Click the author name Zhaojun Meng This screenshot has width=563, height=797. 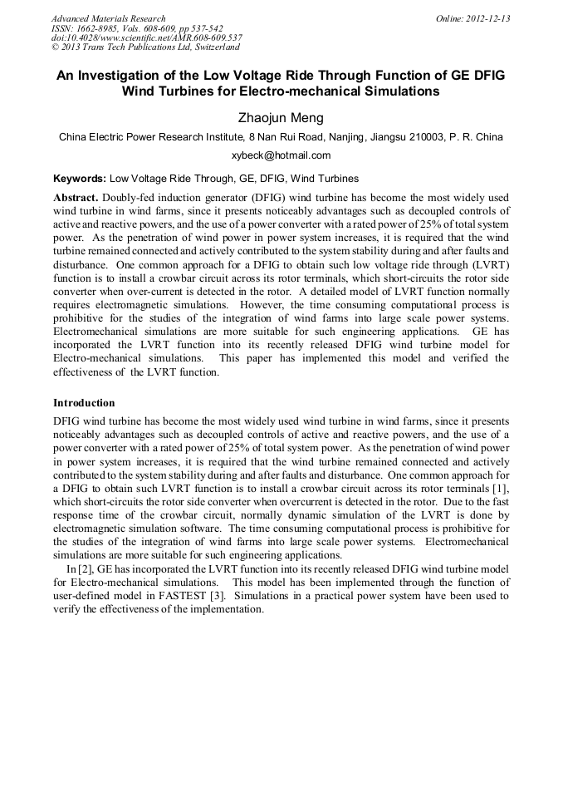(x=281, y=117)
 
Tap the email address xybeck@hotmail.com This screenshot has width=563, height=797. (x=281, y=155)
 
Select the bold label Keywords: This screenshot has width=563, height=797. (x=80, y=178)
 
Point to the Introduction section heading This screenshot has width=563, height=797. (x=84, y=403)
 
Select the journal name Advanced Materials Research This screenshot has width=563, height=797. (x=108, y=18)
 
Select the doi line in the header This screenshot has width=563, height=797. (x=147, y=37)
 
